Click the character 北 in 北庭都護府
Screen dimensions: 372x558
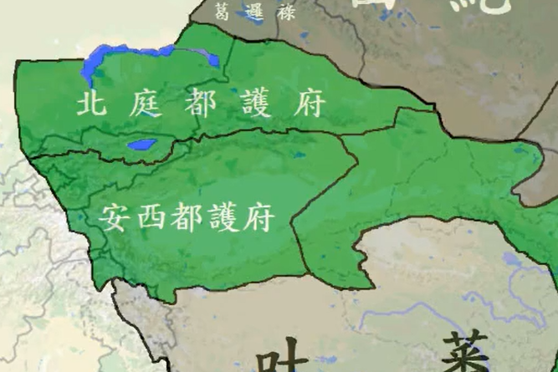point(91,104)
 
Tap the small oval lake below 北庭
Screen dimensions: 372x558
point(139,145)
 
